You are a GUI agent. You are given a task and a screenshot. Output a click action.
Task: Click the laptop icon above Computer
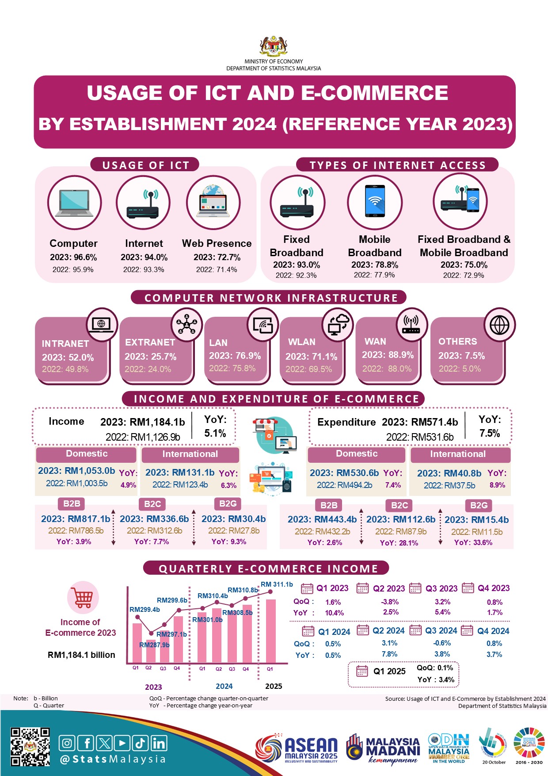point(74,203)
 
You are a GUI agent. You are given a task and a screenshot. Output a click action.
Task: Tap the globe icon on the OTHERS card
point(499,325)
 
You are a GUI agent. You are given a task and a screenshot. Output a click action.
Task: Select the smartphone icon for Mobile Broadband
point(375,201)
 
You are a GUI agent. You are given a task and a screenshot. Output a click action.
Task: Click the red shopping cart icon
point(83,598)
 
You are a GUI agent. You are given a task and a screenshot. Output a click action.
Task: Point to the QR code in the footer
point(30,747)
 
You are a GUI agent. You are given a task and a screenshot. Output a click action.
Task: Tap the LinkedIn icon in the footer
point(159,743)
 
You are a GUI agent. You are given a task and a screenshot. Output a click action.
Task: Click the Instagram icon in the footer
point(67,743)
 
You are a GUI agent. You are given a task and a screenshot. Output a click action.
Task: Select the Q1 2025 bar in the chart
point(270,630)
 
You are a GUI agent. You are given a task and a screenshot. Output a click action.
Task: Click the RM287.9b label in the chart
point(154,645)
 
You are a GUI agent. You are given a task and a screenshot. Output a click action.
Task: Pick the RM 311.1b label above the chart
point(277,584)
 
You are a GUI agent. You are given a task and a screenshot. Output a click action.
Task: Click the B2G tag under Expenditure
point(479,505)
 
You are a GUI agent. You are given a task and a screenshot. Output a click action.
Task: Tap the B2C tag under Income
point(152,504)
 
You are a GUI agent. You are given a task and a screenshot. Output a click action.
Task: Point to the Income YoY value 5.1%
point(215,433)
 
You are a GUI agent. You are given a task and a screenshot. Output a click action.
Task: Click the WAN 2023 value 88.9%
point(388,355)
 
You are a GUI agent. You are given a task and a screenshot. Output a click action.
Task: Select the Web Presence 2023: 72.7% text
point(217,257)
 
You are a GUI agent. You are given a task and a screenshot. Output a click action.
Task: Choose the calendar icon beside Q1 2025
point(362,671)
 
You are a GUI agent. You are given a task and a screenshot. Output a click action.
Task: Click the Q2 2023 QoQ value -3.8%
point(390,602)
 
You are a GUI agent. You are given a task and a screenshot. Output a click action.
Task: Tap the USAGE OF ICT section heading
point(145,165)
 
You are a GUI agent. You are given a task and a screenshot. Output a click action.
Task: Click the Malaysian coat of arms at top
point(274,46)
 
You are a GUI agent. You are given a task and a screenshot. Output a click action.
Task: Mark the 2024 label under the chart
point(224,686)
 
